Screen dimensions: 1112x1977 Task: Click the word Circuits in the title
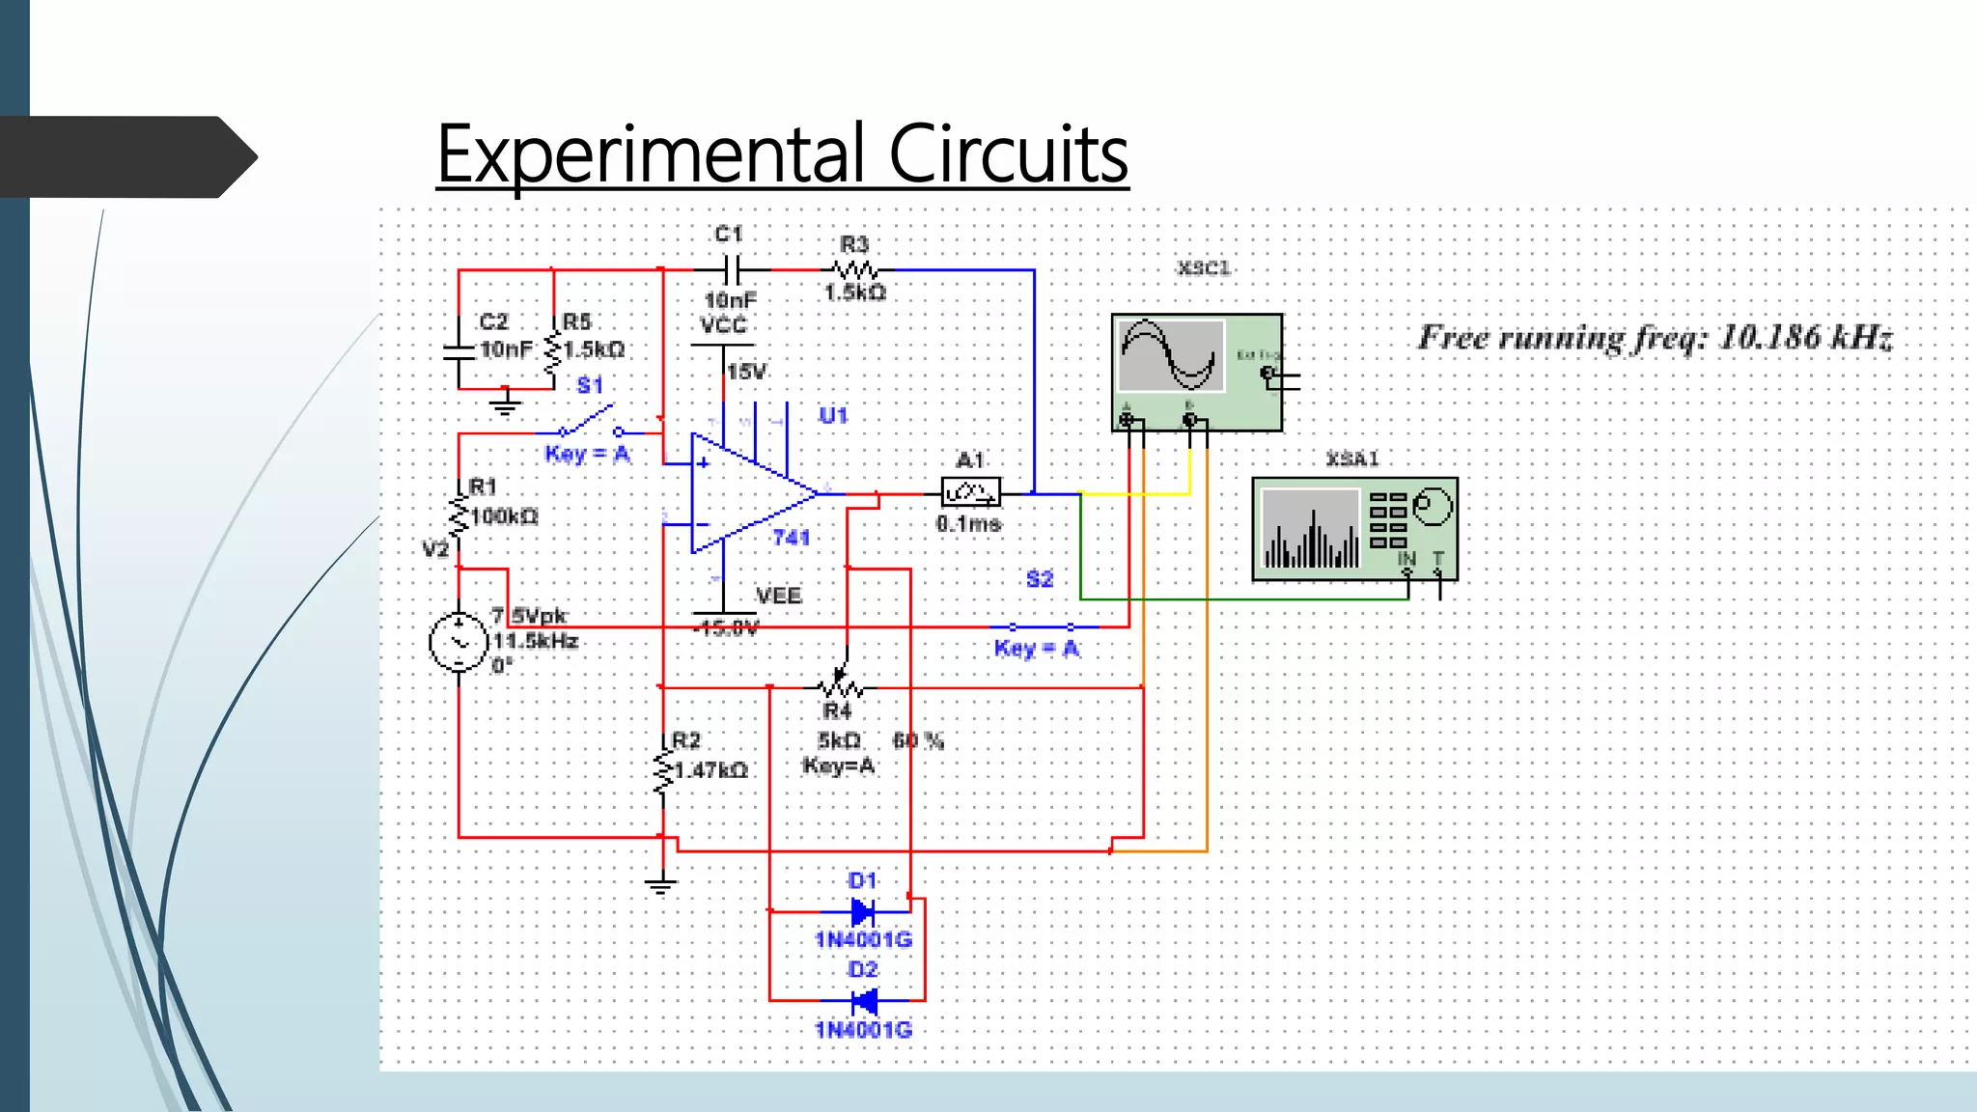[x=1008, y=154]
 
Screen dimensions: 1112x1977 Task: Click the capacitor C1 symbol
[x=732, y=269]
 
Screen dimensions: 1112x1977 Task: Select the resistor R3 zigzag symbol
[x=855, y=269]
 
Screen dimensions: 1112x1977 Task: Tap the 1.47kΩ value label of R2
[x=710, y=770]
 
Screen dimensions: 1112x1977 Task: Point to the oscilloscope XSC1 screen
[x=1170, y=356]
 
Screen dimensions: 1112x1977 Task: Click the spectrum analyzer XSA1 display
[x=1311, y=529]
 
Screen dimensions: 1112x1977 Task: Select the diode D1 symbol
[x=862, y=910]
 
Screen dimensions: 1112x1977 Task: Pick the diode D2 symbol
[x=863, y=1001]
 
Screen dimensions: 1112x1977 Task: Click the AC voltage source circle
[x=458, y=641]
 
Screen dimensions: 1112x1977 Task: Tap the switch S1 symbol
[x=589, y=425]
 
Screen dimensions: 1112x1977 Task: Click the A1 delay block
[x=970, y=493]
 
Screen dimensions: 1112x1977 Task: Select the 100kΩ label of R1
[x=504, y=517]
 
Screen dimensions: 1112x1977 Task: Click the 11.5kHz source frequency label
[x=536, y=641]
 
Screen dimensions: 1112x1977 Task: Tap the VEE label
[x=778, y=596]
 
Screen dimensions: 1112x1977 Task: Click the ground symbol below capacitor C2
[x=504, y=402]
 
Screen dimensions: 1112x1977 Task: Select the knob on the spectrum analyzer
[x=1433, y=506]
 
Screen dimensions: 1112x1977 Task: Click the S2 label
[x=1039, y=579]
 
